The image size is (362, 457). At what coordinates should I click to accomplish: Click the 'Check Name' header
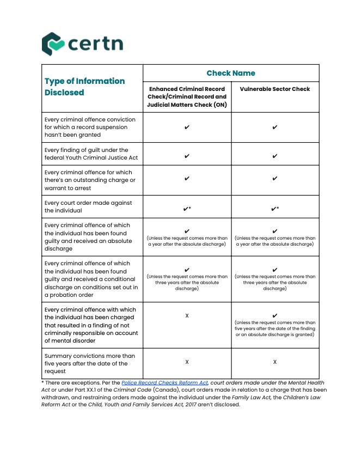coord(231,73)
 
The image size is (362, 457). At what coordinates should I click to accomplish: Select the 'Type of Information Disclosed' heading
coord(84,87)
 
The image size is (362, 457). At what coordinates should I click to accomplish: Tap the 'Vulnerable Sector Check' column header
coord(275,89)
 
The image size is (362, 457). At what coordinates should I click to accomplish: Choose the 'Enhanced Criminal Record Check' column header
coord(187,96)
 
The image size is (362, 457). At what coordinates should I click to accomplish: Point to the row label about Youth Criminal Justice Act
coord(87,154)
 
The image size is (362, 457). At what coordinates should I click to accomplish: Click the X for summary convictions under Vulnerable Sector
coord(275,362)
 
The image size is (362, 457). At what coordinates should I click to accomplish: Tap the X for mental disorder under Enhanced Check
coord(187,316)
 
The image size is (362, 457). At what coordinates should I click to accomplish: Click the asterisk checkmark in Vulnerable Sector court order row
coord(275,209)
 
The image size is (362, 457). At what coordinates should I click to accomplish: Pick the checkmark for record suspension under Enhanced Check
coord(187,127)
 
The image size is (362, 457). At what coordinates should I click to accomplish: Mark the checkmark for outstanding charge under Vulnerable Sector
coord(275,178)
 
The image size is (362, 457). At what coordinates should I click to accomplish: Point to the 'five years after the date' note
coord(275,328)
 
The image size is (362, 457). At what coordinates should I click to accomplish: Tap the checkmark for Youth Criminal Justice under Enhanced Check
coord(187,156)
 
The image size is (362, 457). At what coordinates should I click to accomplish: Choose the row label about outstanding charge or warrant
coord(90,180)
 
